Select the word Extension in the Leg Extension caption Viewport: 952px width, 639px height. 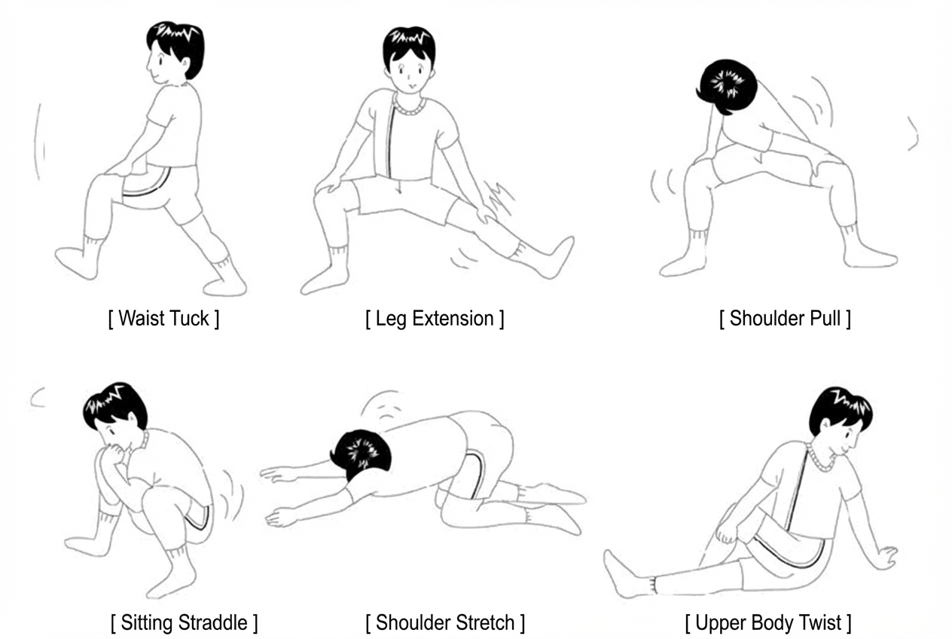(453, 319)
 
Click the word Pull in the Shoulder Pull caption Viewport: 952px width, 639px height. (825, 319)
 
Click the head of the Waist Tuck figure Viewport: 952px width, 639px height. (175, 52)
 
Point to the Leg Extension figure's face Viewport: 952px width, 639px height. (409, 72)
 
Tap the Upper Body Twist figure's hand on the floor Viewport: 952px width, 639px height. (885, 558)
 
